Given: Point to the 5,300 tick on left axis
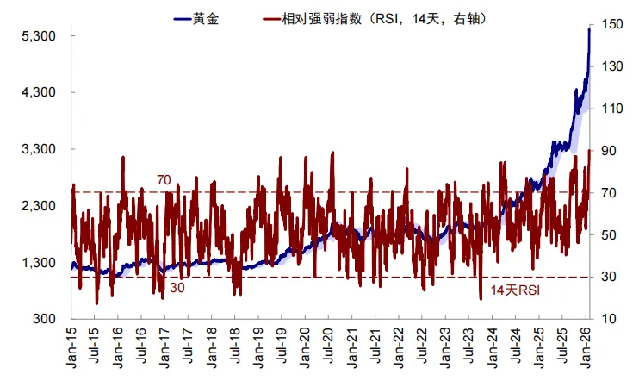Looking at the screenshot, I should (38, 36).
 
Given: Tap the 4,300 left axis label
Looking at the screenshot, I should (38, 93).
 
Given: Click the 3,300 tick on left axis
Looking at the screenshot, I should (38, 150).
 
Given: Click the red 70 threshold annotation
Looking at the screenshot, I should (164, 180).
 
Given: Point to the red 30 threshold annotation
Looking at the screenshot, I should (177, 287).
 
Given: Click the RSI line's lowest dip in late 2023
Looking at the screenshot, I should (481, 297).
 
